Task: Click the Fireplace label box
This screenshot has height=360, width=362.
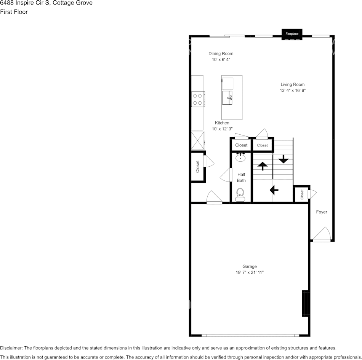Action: [x=292, y=34]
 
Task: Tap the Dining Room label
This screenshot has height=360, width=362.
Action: [x=221, y=54]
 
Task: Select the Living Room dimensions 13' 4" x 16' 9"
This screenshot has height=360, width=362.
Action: [x=293, y=91]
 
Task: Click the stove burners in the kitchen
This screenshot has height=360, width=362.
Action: [x=197, y=99]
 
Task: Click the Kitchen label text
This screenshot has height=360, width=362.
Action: [x=222, y=123]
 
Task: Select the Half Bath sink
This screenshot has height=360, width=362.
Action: [x=240, y=157]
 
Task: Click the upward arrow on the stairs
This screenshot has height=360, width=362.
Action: [x=263, y=166]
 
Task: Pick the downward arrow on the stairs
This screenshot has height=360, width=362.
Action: [x=284, y=158]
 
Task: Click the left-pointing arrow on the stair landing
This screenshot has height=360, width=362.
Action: [x=274, y=189]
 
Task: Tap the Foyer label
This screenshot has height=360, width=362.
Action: [x=322, y=212]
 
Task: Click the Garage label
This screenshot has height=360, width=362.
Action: [x=250, y=266]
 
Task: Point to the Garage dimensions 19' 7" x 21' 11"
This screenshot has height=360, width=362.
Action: [x=250, y=272]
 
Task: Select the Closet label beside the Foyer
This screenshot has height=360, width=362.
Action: [x=302, y=194]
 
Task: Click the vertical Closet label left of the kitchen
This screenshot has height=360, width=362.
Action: [x=198, y=167]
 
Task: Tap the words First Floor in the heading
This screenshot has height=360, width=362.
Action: [x=14, y=12]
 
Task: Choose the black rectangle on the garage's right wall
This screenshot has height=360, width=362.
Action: [x=305, y=303]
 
